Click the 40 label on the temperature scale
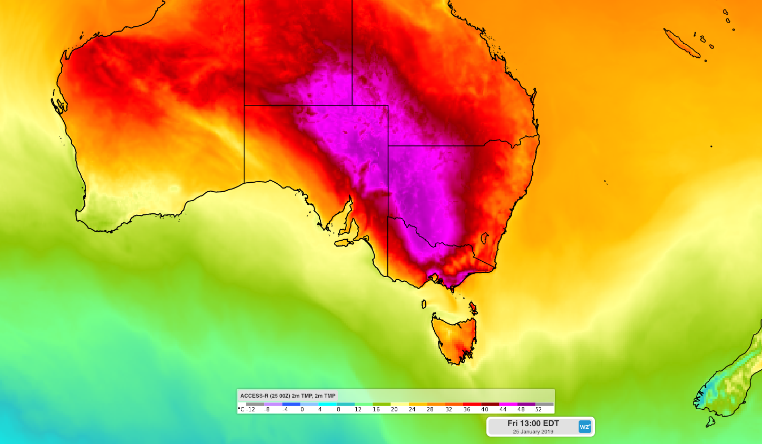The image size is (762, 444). point(485,409)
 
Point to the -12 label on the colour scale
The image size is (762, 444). point(251,409)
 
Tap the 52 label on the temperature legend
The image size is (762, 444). point(539,409)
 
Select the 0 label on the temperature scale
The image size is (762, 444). point(302,409)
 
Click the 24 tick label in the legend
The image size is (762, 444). point(412,409)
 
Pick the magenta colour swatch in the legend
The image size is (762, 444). point(508,404)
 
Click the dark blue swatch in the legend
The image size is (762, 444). point(291,404)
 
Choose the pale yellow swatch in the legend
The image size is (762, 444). point(399,404)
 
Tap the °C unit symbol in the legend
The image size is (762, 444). point(241,409)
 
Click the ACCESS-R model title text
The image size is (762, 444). point(288,396)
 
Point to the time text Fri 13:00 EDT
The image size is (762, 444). point(533,423)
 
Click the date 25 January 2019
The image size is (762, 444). point(533,432)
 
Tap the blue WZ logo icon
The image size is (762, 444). point(584,427)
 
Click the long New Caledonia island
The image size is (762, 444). point(682,43)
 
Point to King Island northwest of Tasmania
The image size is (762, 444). point(423,304)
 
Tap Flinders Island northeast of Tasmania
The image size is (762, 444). point(473,307)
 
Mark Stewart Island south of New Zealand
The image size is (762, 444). point(710,421)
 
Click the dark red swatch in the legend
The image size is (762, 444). point(490,404)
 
